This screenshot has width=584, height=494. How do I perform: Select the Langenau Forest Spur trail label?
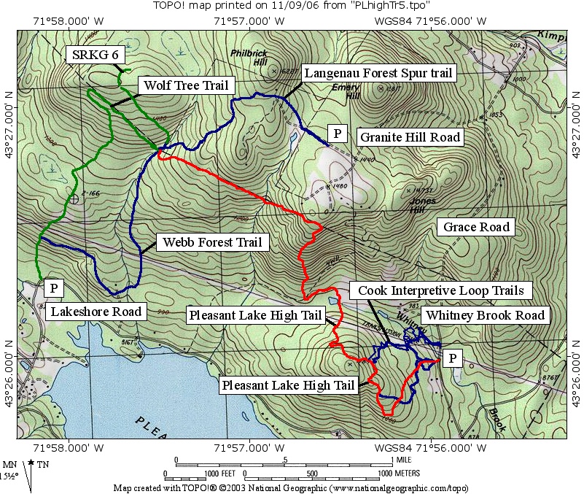(x=378, y=73)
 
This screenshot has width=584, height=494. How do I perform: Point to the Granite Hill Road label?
(x=410, y=136)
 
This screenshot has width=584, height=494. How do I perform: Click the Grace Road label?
(x=476, y=227)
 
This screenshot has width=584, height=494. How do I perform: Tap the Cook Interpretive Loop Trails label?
(x=440, y=290)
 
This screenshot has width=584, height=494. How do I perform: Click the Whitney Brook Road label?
(x=485, y=315)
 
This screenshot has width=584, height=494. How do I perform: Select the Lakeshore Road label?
(x=96, y=312)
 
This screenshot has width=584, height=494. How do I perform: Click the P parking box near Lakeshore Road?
(x=53, y=287)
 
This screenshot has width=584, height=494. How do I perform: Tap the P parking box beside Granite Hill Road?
(x=337, y=133)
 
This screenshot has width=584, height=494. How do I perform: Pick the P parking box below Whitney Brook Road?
(x=453, y=358)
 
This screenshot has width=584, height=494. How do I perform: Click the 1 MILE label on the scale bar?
(x=404, y=460)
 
